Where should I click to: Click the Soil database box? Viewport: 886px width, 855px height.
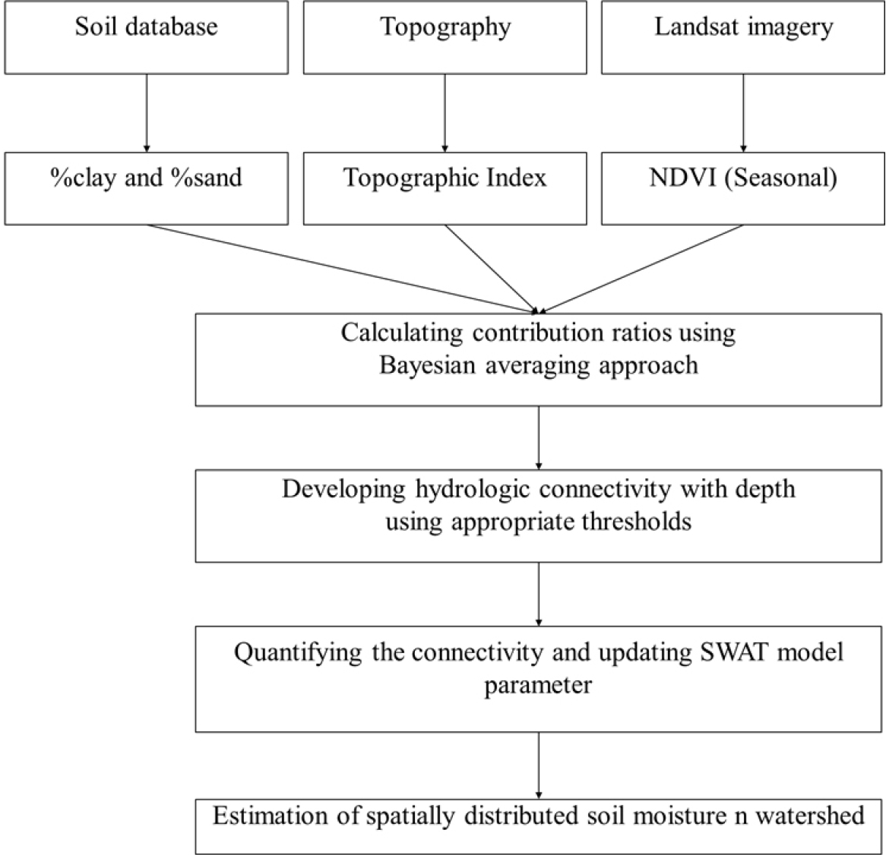coord(147,37)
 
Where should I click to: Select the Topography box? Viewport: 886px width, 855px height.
coord(445,37)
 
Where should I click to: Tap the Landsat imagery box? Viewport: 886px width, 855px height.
coord(743,37)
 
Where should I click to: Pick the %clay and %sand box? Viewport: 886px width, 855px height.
coord(147,188)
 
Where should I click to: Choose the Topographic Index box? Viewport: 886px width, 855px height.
coord(445,188)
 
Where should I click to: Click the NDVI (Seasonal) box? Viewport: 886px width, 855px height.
coord(743,188)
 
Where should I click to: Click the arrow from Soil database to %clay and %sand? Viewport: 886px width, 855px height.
coord(147,113)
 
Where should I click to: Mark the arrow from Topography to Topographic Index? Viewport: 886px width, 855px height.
coord(445,113)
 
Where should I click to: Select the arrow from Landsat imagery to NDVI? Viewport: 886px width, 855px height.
coord(744,113)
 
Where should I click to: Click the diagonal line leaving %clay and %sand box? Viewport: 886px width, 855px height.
coord(340,269)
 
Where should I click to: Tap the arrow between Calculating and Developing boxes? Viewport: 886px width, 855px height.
coord(539,437)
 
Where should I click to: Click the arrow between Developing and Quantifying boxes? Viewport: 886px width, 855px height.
coord(539,594)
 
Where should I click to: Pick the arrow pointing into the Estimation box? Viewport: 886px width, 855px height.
coord(539,765)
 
